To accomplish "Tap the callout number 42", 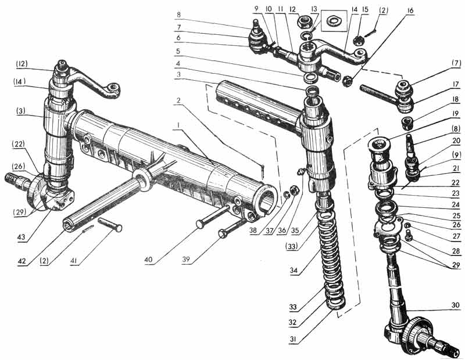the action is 22,261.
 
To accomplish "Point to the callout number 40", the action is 148,260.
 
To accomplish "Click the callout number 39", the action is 186,260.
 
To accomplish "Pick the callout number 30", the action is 455,305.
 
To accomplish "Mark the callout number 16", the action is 410,10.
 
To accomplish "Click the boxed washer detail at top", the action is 334,21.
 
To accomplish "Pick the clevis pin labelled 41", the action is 110,224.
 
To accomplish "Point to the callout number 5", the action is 178,51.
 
